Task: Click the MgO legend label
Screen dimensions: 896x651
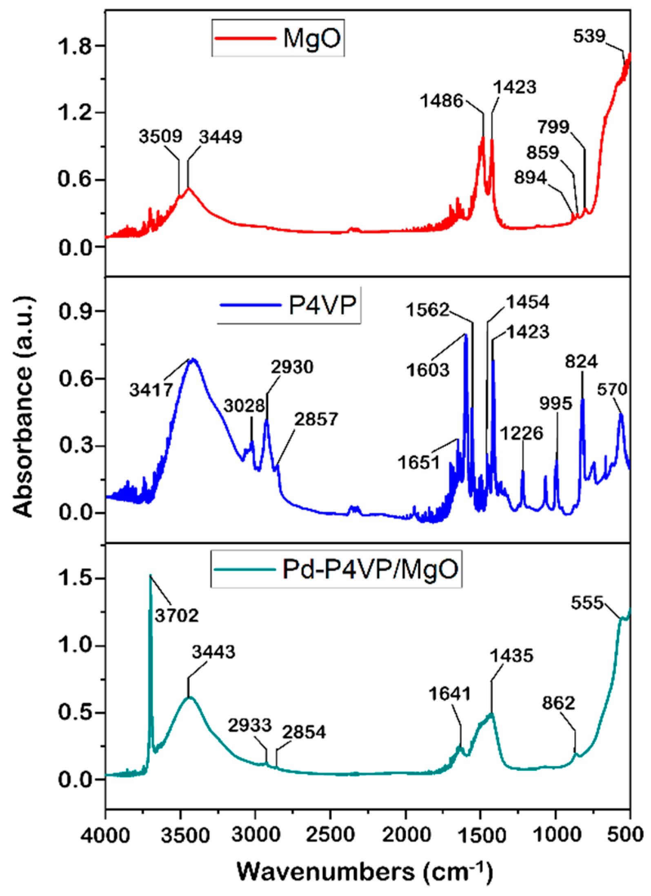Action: tap(312, 38)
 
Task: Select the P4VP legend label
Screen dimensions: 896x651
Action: tap(322, 305)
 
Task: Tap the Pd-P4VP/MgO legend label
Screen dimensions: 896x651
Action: tap(370, 569)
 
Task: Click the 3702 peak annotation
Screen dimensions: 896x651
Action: tap(177, 615)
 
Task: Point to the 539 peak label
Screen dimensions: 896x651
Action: tap(589, 36)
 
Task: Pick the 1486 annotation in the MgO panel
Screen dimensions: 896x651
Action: tap(442, 100)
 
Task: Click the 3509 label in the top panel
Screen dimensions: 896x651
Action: tap(160, 136)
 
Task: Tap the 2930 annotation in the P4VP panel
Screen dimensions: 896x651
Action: tap(292, 367)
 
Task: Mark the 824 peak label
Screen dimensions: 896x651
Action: tap(581, 362)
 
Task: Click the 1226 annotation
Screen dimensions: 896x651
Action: tap(522, 433)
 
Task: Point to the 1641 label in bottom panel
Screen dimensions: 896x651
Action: tap(450, 694)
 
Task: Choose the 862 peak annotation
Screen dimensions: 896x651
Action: tap(558, 703)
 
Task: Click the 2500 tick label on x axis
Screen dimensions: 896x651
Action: tap(330, 834)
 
